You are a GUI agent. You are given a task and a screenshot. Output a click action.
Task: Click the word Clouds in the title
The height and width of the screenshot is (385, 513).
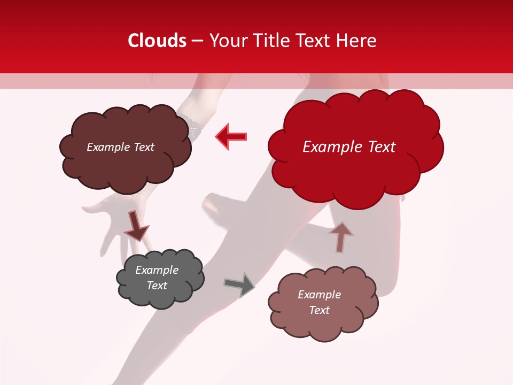[157, 41]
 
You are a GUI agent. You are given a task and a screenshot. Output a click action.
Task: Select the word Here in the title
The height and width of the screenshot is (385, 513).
[357, 41]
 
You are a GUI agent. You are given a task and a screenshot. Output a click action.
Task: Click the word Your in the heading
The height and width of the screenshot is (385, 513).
[228, 41]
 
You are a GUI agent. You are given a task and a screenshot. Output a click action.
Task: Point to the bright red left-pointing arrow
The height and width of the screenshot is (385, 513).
[231, 137]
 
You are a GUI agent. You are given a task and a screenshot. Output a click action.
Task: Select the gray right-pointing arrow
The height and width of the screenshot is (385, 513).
[239, 284]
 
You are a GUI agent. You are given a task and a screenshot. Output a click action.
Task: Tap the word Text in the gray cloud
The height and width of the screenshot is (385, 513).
[157, 286]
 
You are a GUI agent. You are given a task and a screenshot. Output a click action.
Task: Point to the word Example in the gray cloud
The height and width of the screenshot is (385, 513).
[157, 270]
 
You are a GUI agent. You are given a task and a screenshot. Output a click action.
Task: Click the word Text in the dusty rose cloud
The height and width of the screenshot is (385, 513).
[320, 310]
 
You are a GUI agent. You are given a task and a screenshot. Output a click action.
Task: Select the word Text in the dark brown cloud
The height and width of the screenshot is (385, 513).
[143, 147]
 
